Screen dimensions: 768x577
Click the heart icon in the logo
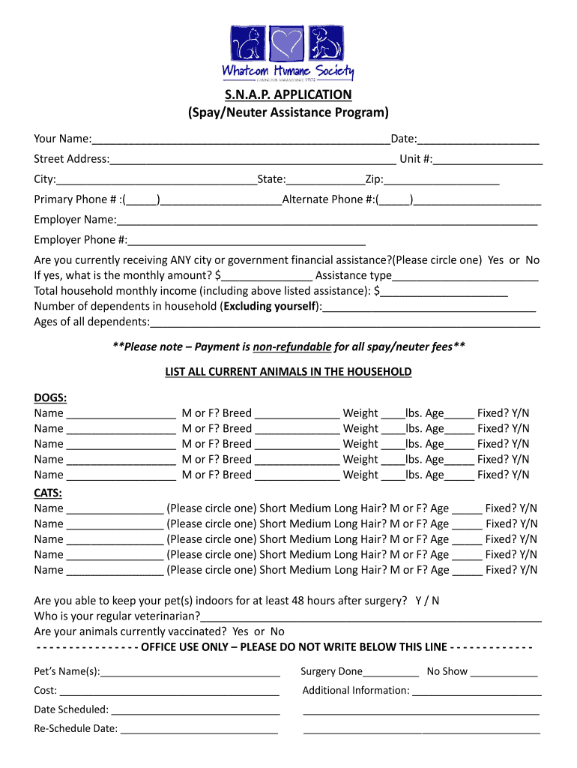pyautogui.click(x=288, y=44)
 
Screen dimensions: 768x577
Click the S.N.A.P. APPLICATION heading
pyautogui.click(x=288, y=94)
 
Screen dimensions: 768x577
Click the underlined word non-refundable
pyautogui.click(x=292, y=346)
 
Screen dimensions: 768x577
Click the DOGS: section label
pyautogui.click(x=50, y=397)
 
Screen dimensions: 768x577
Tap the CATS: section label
pyautogui.click(x=48, y=493)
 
